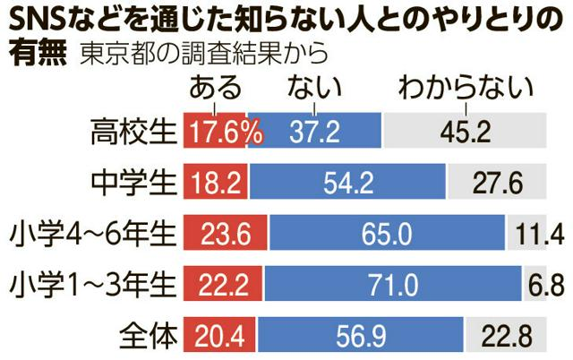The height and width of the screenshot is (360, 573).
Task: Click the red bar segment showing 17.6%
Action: tap(215, 133)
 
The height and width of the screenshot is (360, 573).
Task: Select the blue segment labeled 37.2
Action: tap(314, 133)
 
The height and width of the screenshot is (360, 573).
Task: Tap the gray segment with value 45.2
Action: tap(465, 133)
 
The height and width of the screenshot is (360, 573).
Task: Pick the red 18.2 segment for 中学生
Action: tap(216, 184)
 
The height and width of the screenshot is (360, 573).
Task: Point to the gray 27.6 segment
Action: tap(496, 184)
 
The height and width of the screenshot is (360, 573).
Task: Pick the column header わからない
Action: tap(466, 89)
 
